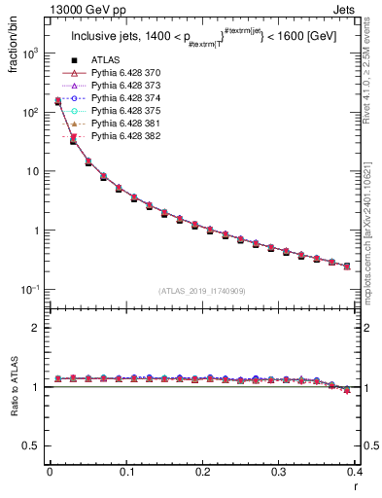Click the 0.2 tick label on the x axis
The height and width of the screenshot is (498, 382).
click(203, 476)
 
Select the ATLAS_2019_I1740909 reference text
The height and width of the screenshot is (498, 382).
click(203, 291)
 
